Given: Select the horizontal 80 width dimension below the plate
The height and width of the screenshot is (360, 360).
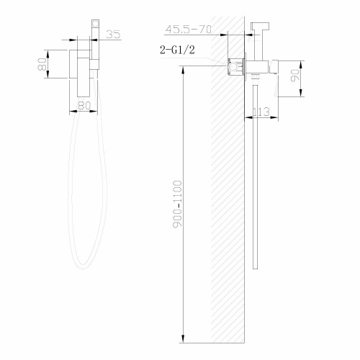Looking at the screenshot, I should point(84,105).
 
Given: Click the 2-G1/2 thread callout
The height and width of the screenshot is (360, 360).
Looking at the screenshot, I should point(176,50).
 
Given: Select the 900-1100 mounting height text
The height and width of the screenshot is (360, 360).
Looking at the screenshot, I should point(178,206).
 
